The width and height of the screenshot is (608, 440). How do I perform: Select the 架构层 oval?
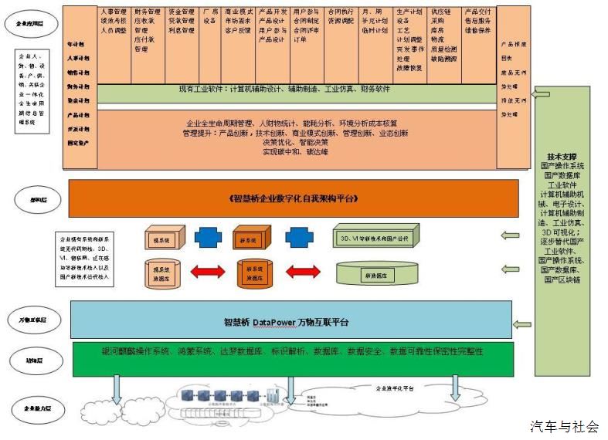[30, 198]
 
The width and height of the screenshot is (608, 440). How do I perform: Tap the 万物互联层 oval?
[32, 320]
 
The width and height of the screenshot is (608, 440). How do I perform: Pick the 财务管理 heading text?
[147, 12]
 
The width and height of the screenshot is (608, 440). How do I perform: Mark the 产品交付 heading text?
[479, 12]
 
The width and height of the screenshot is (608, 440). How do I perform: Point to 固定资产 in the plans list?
[78, 143]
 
